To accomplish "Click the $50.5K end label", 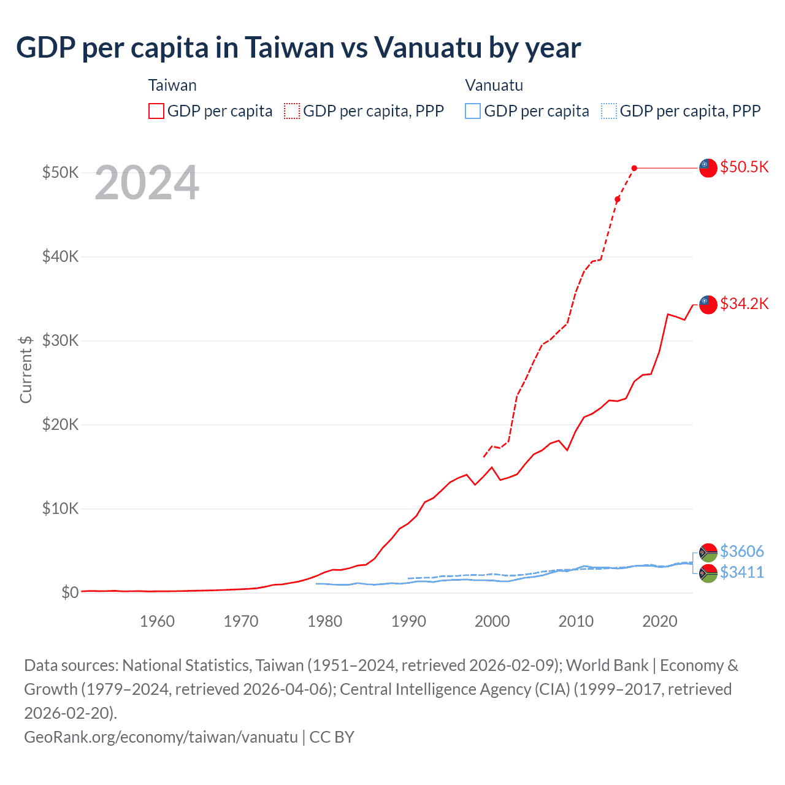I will pyautogui.click(x=744, y=167).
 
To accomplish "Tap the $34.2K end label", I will pyautogui.click(x=744, y=304).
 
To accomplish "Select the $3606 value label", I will pyautogui.click(x=741, y=551).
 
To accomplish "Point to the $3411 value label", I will pyautogui.click(x=741, y=572).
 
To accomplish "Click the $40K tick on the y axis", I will pyautogui.click(x=60, y=256).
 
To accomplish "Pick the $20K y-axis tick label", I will pyautogui.click(x=60, y=424).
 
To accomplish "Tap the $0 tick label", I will pyautogui.click(x=69, y=592).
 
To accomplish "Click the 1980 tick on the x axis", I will pyautogui.click(x=324, y=621).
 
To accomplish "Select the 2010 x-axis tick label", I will pyautogui.click(x=576, y=621).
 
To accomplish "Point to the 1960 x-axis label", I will pyautogui.click(x=157, y=621).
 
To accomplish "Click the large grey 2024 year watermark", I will pyautogui.click(x=147, y=183).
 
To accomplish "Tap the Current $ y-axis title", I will pyautogui.click(x=26, y=369).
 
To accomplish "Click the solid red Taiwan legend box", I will pyautogui.click(x=156, y=111).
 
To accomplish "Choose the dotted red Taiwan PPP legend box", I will pyautogui.click(x=292, y=111).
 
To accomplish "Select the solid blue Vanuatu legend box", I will pyautogui.click(x=473, y=111).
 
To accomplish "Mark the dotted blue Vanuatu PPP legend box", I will pyautogui.click(x=609, y=111).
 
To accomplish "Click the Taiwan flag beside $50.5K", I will pyautogui.click(x=708, y=167).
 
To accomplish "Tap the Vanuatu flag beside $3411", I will pyautogui.click(x=708, y=573).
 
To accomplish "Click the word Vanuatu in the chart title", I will pyautogui.click(x=427, y=47).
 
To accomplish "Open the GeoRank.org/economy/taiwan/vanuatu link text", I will pyautogui.click(x=161, y=737).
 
